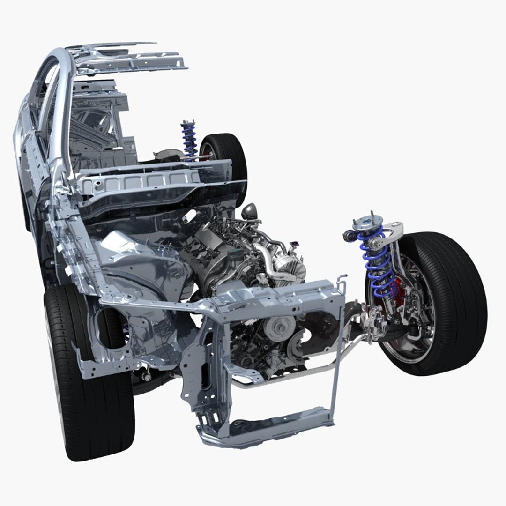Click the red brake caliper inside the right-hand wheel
click(x=398, y=288)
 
